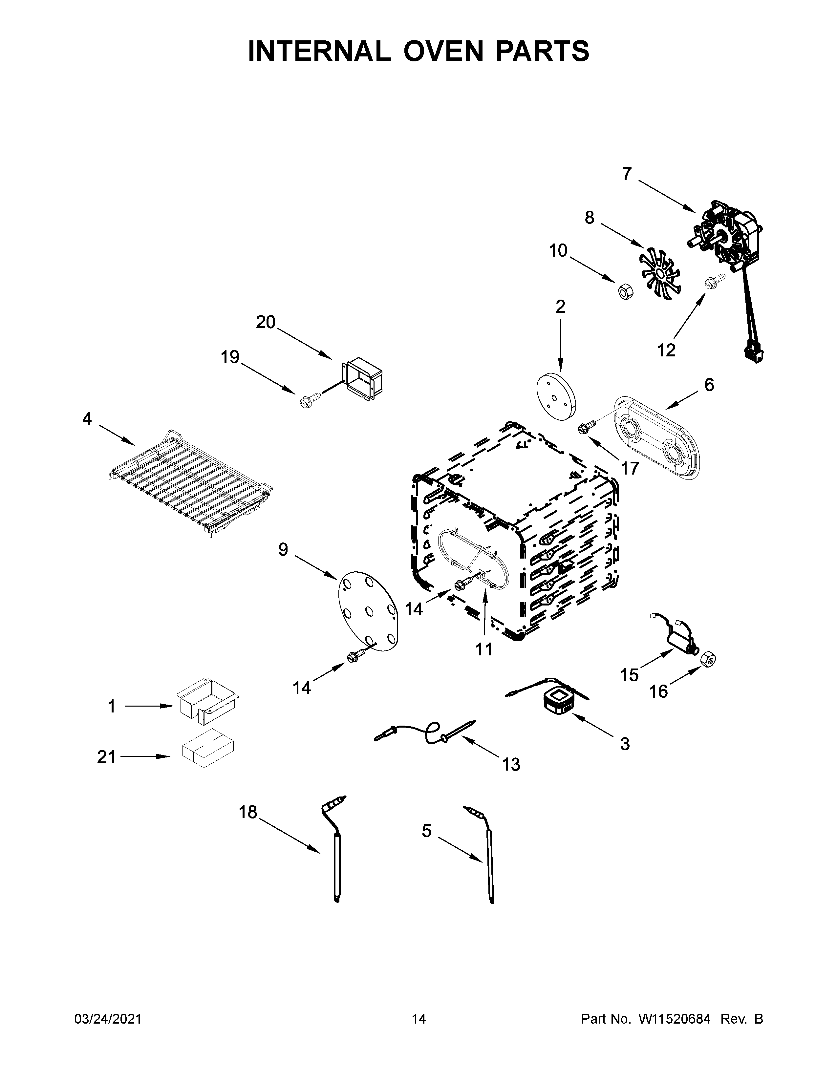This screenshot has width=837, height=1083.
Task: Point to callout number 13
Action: coord(511,764)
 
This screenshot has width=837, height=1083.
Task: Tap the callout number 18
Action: coord(248,812)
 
